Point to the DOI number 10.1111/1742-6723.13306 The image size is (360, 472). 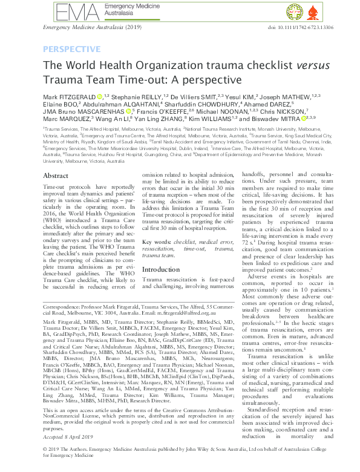pos(291,28)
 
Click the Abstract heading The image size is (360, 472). pos(56,175)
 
